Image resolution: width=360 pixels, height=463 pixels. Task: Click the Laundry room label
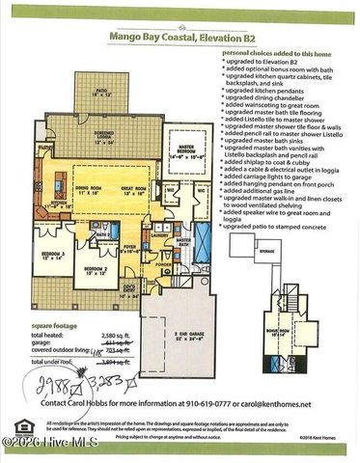[161, 234]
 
